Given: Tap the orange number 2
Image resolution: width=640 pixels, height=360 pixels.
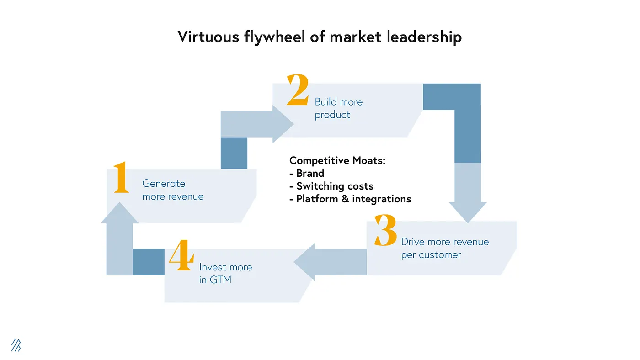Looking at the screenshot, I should coord(298,90).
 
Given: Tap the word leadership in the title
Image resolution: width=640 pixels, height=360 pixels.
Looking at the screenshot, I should coord(424,37).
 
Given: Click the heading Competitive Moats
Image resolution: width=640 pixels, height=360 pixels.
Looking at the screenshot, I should coord(337,160).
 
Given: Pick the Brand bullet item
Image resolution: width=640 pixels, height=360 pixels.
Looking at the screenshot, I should coord(310,173).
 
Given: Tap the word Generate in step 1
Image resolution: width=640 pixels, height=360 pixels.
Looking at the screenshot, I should coord(164,184).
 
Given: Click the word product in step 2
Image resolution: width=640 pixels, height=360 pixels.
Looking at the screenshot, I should coord(332,115).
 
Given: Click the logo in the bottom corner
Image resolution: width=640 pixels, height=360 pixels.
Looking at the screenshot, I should coord(16,345).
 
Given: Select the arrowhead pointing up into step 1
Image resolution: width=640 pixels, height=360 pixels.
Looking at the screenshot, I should coord(119,213).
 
